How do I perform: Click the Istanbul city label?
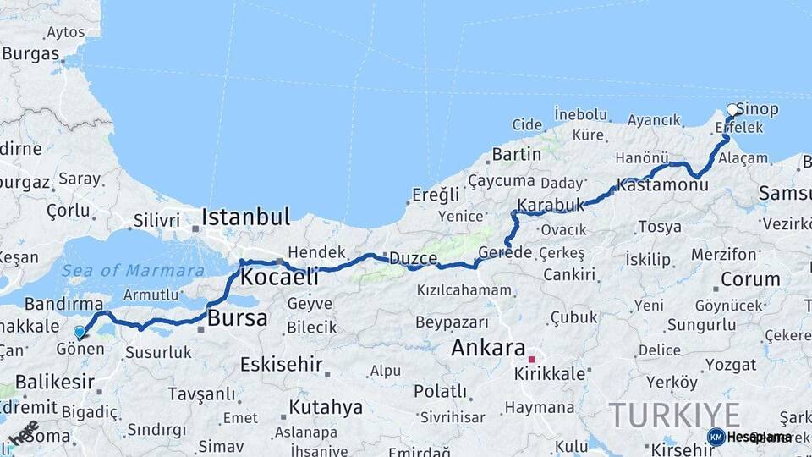245,216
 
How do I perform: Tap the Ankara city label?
488,347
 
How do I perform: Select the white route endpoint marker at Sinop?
732,110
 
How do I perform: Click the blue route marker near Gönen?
80,333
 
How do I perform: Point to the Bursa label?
237,319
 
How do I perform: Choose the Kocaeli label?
279,277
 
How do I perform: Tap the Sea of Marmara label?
133,271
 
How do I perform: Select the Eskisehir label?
282,365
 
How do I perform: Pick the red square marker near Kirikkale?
531,359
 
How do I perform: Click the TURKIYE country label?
674,415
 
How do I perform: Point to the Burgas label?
30,53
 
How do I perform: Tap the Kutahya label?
326,407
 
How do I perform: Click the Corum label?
750,278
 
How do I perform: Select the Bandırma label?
63,303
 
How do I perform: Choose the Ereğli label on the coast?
435,195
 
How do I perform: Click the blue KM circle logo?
716,437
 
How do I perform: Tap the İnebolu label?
581,113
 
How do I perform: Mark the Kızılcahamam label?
464,290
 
